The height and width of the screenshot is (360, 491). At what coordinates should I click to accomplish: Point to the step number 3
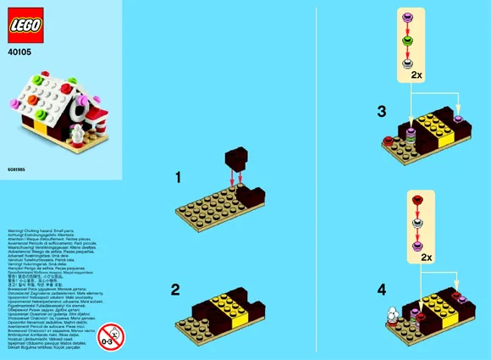382,111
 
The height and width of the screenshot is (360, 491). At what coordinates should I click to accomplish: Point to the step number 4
382,289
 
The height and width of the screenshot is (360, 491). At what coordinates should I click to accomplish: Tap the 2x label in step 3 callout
416,76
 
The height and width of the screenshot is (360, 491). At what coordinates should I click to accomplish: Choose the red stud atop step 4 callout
417,201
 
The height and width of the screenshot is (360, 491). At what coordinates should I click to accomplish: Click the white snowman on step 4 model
393,314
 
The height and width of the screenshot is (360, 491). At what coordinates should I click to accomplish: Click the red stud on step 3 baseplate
389,141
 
